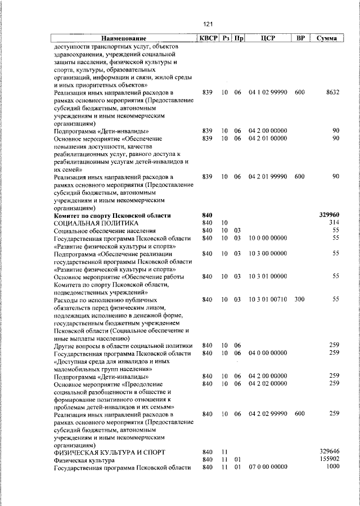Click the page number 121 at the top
pyautogui.click(x=208, y=24)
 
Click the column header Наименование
pyautogui.click(x=124, y=38)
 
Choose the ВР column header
pyautogui.click(x=301, y=38)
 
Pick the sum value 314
pyautogui.click(x=334, y=223)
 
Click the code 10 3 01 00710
pyautogui.click(x=268, y=300)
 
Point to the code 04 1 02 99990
pyautogui.click(x=268, y=92)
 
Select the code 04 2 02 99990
pyautogui.click(x=268, y=414)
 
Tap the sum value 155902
pyautogui.click(x=330, y=459)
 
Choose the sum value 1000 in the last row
pyautogui.click(x=333, y=467)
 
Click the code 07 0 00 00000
pyautogui.click(x=268, y=467)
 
